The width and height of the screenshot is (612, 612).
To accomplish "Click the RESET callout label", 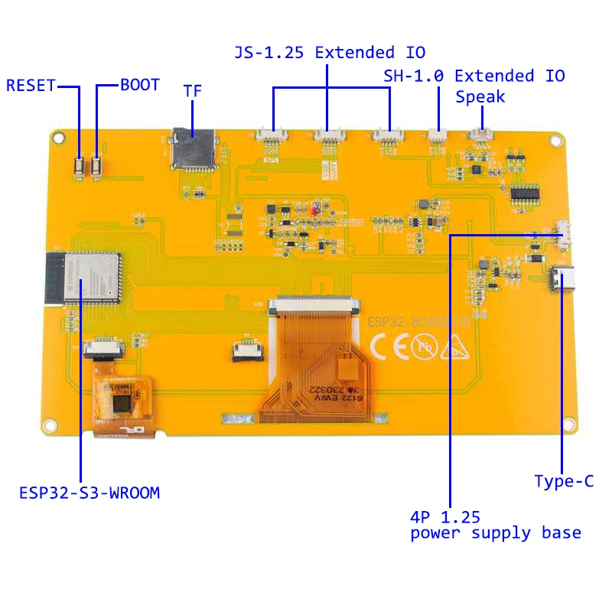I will [31, 86].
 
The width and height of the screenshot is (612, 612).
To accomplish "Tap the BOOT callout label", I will [140, 85].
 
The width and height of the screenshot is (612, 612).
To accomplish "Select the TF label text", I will [193, 90].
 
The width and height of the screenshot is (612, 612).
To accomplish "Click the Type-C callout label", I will [564, 481].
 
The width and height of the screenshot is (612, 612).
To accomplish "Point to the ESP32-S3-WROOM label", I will [90, 493].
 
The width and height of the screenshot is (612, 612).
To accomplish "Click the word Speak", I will [480, 97].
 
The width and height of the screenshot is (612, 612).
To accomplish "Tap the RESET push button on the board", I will [80, 165].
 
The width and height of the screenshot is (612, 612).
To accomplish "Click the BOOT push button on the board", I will [97, 165].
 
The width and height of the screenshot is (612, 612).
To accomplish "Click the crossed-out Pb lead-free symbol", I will [422, 347].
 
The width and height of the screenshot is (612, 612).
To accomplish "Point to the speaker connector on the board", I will [481, 135].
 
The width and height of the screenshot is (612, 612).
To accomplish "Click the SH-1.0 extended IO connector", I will [438, 136].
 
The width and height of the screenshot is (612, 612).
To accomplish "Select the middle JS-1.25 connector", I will [328, 135].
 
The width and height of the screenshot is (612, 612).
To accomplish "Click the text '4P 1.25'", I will [445, 516].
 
